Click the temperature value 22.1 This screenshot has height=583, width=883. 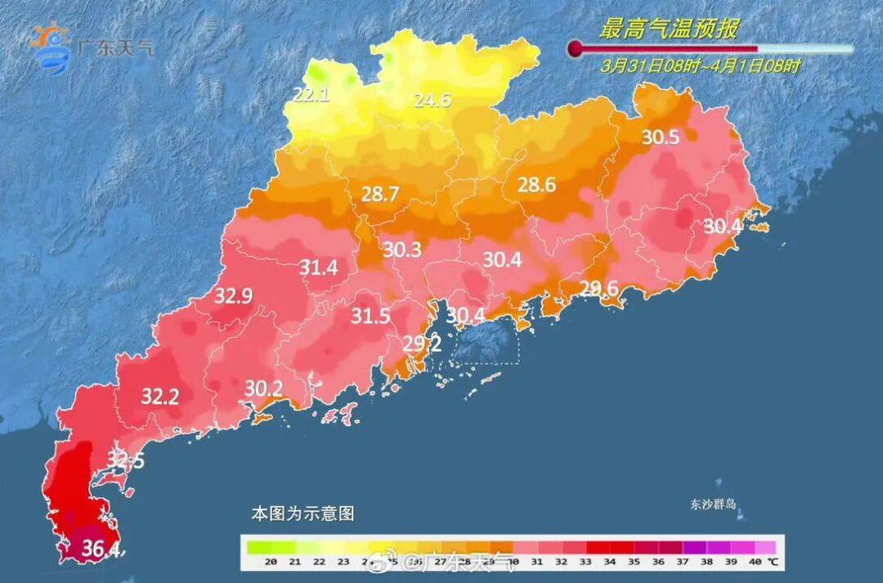[311, 95]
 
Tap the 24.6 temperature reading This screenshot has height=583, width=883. [432, 101]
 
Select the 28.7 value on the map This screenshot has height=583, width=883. [380, 195]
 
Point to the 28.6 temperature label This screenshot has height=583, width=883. [536, 186]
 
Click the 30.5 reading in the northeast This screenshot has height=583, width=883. [660, 137]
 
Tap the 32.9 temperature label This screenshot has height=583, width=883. [233, 296]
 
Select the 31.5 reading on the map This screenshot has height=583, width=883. [370, 316]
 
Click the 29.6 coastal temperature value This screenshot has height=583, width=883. [599, 287]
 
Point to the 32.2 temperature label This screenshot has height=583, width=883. [160, 397]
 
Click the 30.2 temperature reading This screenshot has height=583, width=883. [263, 389]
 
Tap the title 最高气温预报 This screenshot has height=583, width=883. [669, 29]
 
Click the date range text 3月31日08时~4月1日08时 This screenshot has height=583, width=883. [700, 66]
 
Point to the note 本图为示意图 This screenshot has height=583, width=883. [302, 514]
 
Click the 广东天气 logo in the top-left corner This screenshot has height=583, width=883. [90, 47]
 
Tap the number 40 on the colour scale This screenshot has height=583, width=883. [754, 562]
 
